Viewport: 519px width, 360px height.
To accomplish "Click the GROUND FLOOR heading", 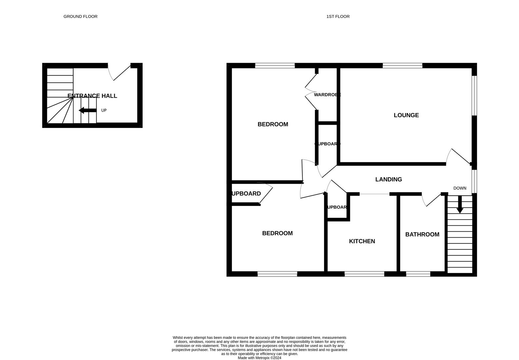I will tap(80, 16).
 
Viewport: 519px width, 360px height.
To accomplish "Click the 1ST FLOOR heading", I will tap(338, 16).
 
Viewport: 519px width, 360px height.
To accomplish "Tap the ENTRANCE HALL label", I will tap(92, 96).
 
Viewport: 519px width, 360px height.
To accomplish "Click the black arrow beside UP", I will tap(87, 110).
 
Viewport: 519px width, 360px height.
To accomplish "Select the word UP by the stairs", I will tap(104, 110).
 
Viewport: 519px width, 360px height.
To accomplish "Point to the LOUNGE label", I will tap(406, 115).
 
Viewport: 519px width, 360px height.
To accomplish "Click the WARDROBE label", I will tap(327, 95).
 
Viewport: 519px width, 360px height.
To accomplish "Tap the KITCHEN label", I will tap(362, 241).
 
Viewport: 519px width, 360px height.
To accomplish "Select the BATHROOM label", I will tap(422, 235).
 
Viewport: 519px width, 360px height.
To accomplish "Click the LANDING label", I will tap(388, 180).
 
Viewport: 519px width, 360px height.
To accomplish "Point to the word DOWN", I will tap(460, 188).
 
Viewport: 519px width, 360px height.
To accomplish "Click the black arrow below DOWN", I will tap(460, 205).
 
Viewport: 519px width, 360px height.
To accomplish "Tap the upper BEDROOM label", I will tap(273, 124).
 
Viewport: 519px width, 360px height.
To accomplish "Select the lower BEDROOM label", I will tap(277, 233).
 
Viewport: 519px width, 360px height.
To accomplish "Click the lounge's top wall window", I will tap(402, 66).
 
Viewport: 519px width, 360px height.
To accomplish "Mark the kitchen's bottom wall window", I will tap(364, 274).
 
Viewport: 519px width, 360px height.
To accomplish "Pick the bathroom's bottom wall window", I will tap(418, 274).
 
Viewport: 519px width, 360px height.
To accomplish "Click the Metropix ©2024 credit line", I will tap(259, 358).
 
